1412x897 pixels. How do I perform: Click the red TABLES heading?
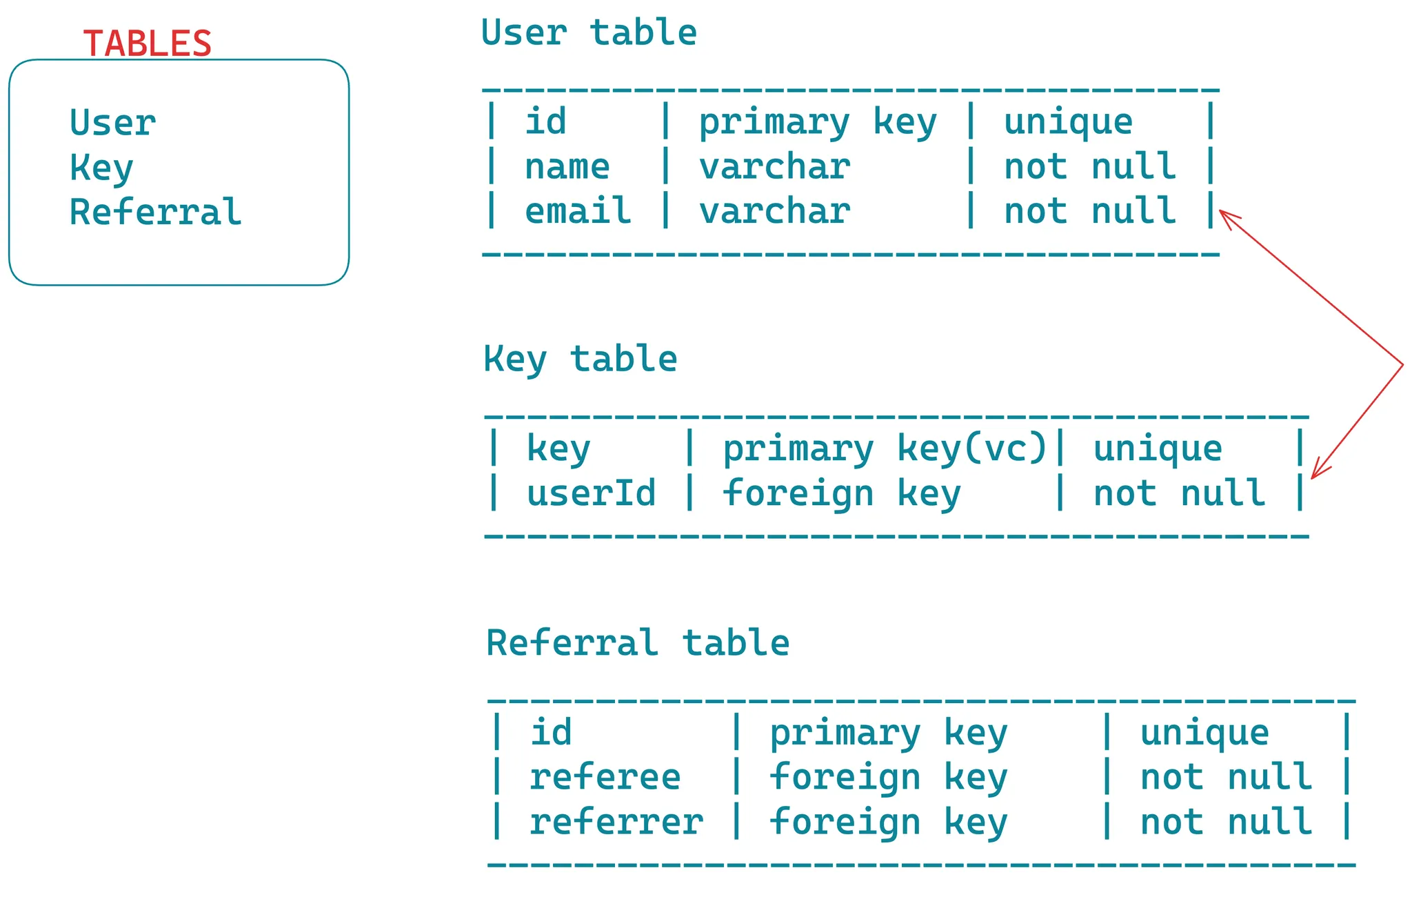click(x=147, y=43)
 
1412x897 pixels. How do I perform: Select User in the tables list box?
click(x=113, y=124)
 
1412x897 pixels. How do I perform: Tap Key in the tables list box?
click(x=101, y=168)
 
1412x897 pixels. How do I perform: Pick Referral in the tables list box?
click(x=156, y=212)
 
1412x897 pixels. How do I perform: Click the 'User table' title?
click(x=589, y=32)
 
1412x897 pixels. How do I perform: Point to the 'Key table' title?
click(x=580, y=359)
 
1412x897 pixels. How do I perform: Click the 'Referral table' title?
click(x=638, y=642)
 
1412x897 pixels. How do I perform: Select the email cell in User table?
click(x=578, y=210)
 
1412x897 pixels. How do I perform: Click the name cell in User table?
click(x=567, y=167)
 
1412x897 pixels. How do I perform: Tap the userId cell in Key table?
click(x=591, y=493)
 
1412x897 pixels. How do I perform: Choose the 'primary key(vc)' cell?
click(x=885, y=449)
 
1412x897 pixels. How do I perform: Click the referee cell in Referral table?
click(x=605, y=777)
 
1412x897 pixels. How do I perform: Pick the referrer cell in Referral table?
click(x=616, y=822)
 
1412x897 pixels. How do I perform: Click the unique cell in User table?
click(x=1068, y=122)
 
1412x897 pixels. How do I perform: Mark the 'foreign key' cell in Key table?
click(x=841, y=493)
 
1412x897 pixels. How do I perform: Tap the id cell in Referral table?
click(x=551, y=732)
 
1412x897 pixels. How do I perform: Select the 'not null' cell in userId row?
click(x=1179, y=493)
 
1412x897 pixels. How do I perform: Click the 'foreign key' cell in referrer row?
click(x=888, y=822)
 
